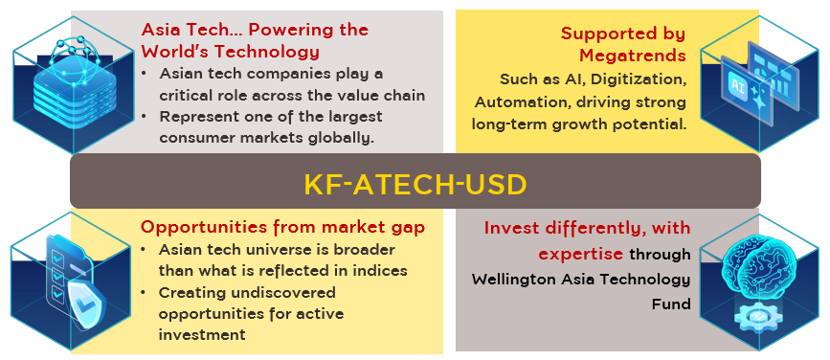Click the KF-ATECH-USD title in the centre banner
[415, 185]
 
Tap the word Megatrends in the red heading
[632, 56]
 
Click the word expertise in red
[581, 254]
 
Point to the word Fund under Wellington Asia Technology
[671, 304]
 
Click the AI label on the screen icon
[737, 87]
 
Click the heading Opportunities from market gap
[282, 227]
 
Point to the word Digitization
[638, 79]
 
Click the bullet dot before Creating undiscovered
[144, 293]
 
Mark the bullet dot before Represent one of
[144, 117]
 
